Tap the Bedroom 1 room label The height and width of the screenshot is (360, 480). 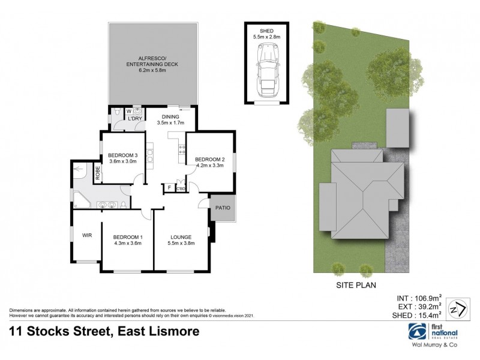click(x=127, y=236)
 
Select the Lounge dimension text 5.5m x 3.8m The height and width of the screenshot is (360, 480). click(x=181, y=243)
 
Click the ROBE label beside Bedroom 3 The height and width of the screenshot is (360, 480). click(x=98, y=173)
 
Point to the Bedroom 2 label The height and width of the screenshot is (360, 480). click(x=209, y=152)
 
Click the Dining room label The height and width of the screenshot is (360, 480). click(x=170, y=116)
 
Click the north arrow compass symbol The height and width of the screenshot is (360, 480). click(x=458, y=306)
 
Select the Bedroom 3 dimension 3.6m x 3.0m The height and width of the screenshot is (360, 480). click(x=124, y=160)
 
